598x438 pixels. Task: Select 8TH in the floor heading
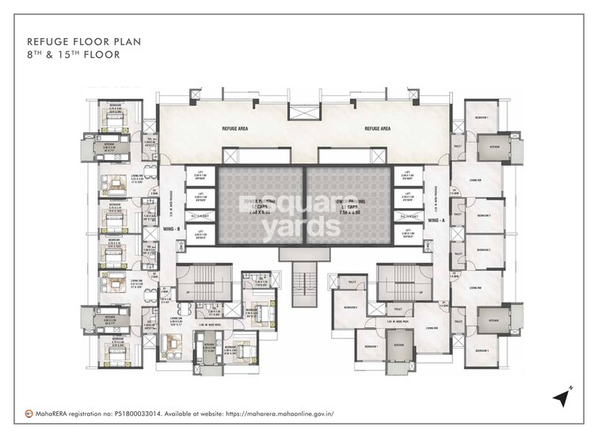(x=35, y=55)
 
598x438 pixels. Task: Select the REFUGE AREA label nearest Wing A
(x=378, y=127)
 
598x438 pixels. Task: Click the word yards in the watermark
(x=301, y=227)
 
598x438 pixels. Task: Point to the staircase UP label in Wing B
(x=187, y=290)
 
